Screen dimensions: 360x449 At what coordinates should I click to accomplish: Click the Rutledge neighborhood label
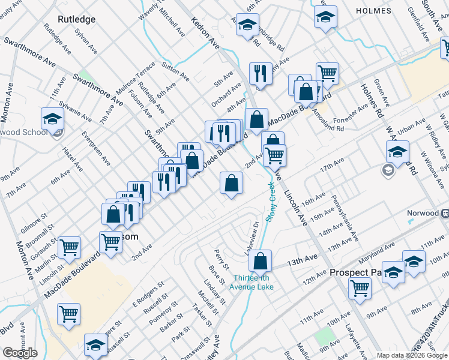[76, 19]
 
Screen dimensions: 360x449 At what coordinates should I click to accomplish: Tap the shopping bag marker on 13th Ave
[261, 261]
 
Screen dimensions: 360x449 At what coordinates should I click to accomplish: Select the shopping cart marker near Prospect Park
[360, 287]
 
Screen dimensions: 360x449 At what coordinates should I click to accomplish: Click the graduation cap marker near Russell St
[95, 344]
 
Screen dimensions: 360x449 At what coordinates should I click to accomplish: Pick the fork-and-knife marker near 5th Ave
[260, 73]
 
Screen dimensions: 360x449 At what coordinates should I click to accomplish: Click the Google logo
[20, 353]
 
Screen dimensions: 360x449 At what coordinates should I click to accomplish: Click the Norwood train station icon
[445, 213]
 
